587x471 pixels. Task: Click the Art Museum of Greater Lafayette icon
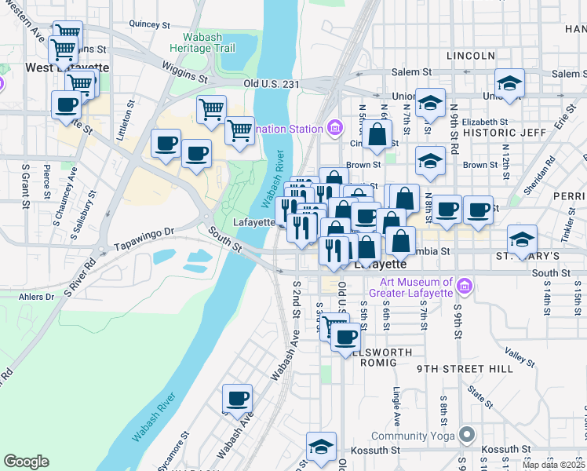(464, 287)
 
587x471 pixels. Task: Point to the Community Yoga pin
(468, 435)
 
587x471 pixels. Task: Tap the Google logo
(27, 462)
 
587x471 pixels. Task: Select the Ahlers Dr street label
(38, 297)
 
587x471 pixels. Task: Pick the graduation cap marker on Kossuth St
(321, 446)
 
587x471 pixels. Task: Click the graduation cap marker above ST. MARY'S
(522, 239)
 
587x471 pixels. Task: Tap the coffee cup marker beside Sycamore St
(237, 398)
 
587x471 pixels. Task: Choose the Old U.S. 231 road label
(273, 82)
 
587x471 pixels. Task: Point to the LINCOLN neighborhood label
(470, 56)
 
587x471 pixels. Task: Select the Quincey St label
(149, 24)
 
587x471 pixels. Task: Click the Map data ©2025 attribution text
(554, 465)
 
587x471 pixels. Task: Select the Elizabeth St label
(485, 122)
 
